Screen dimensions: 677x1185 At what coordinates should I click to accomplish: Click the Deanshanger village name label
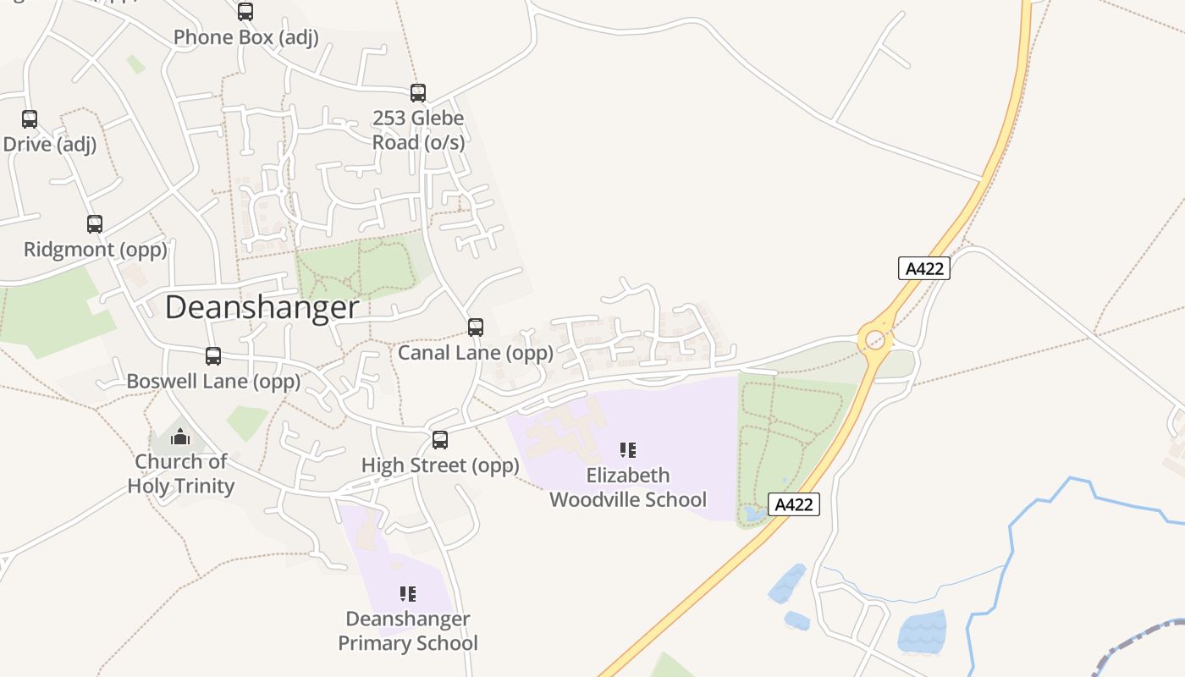click(262, 307)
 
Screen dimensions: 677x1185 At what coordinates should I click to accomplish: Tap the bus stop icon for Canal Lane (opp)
click(476, 327)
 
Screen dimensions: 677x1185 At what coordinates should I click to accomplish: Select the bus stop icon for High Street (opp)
click(439, 440)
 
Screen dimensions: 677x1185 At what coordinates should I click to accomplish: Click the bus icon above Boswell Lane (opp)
click(213, 356)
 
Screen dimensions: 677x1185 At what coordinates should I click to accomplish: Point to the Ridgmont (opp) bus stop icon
click(95, 224)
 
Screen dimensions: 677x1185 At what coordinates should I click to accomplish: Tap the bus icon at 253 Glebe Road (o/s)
click(418, 93)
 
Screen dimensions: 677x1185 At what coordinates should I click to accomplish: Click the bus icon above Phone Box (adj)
click(245, 12)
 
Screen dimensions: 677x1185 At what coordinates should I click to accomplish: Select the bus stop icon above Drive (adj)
click(30, 119)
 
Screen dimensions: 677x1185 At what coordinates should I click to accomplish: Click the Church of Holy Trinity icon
click(180, 438)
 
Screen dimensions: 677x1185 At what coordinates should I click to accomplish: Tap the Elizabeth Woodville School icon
click(627, 450)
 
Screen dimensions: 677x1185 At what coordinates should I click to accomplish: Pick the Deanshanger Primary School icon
click(407, 594)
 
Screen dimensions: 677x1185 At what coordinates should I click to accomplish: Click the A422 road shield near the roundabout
click(923, 269)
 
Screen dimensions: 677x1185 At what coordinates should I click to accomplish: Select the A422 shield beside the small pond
click(794, 504)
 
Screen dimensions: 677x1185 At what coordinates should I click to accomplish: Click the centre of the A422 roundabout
click(875, 340)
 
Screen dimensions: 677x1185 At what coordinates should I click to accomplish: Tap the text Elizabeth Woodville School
click(628, 487)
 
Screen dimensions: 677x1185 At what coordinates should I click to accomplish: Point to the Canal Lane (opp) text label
click(476, 353)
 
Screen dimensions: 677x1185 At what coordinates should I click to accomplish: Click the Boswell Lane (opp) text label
click(213, 382)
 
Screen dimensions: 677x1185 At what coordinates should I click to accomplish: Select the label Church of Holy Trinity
click(181, 474)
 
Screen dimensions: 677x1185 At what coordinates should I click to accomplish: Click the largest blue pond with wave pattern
click(921, 632)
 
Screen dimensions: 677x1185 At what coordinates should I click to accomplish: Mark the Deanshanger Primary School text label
click(408, 631)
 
